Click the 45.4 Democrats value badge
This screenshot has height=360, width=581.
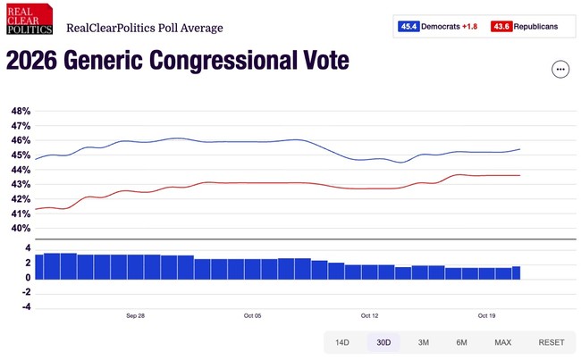(409, 27)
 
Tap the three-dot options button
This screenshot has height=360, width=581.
(560, 69)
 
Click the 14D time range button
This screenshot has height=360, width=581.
(342, 343)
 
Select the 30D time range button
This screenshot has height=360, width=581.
(383, 343)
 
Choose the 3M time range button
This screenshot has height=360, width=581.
(423, 343)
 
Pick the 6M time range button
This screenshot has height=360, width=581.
(461, 343)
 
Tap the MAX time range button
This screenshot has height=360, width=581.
(502, 343)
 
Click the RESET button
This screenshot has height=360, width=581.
(551, 343)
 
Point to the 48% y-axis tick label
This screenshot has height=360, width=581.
(21, 112)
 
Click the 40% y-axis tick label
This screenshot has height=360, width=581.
(21, 228)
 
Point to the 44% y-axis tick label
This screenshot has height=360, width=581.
(21, 170)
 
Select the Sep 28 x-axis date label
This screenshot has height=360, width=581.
(135, 315)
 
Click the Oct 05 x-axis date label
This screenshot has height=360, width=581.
(252, 315)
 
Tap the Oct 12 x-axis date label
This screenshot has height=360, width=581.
(369, 315)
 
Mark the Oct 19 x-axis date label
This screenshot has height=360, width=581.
(486, 315)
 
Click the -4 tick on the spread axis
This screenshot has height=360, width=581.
(27, 307)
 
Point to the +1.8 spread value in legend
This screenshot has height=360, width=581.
(470, 27)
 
